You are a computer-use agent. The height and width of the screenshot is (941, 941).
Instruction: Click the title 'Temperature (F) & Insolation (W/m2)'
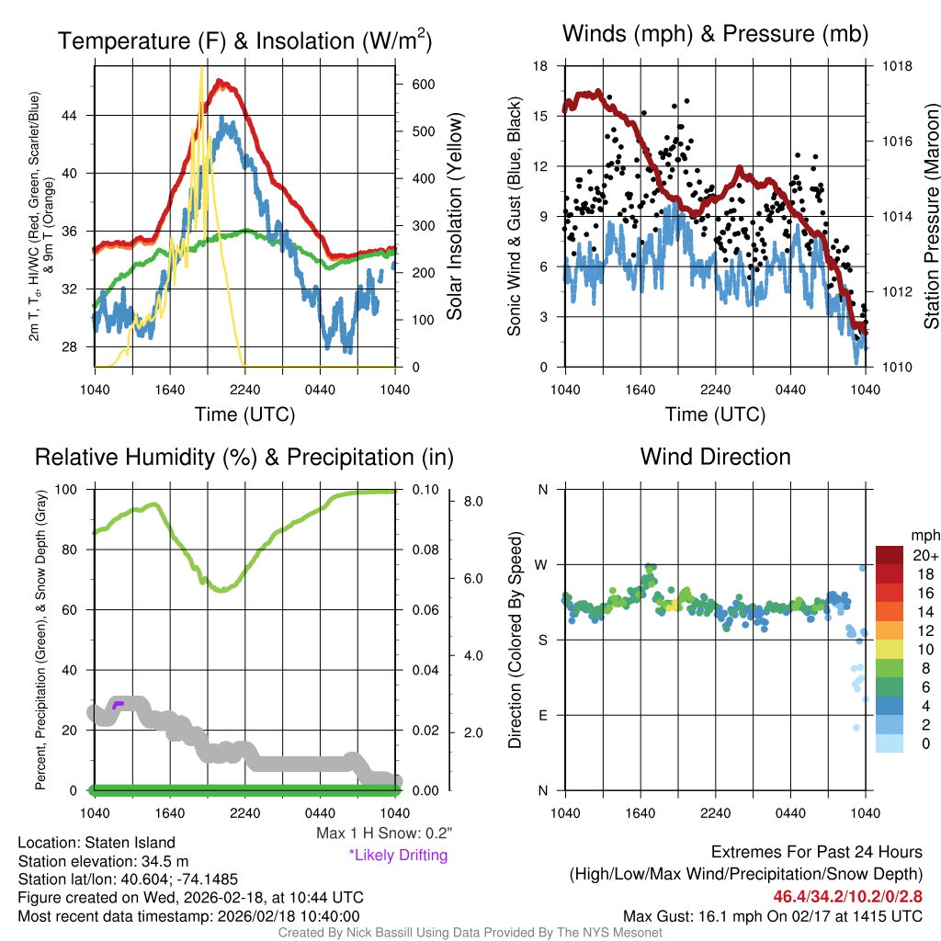pos(245,41)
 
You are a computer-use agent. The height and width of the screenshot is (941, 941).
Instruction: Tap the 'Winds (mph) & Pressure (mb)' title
pos(715,34)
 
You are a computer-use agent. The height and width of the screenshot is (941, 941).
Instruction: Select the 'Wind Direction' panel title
pos(715,457)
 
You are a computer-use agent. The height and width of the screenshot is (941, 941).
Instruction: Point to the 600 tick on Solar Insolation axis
pos(423,84)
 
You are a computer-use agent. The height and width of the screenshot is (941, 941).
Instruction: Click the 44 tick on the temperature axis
pos(78,115)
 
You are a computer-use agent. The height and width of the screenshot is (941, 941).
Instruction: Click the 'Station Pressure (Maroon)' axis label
pos(930,217)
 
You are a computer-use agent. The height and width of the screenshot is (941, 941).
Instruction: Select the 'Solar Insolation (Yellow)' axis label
pos(455,217)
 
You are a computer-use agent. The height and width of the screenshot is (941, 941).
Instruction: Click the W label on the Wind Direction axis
pos(542,564)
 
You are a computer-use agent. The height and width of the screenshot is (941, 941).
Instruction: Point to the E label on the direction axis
pos(543,715)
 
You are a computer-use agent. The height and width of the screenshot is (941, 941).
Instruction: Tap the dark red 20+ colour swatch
pos(889,554)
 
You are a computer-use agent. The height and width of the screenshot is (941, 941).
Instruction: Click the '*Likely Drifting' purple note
pos(398,856)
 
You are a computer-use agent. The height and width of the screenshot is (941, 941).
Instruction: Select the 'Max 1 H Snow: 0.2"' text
pos(383,833)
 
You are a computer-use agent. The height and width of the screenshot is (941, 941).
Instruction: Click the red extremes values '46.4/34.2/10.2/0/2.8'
pos(846,896)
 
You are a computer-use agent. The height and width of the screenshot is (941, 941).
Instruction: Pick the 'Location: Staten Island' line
pos(96,843)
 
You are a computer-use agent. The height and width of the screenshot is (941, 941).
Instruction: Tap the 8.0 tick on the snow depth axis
pos(473,502)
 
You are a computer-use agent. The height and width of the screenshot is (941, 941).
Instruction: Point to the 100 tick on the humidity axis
pos(70,489)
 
